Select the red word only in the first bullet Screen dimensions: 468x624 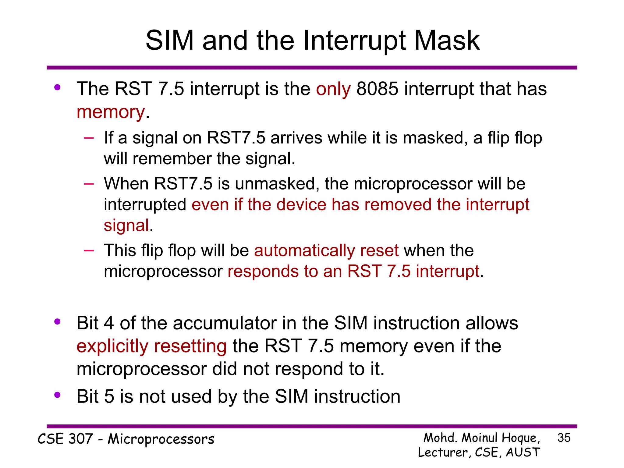(x=333, y=89)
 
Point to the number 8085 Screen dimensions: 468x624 (x=377, y=89)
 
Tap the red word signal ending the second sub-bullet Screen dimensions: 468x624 (x=126, y=225)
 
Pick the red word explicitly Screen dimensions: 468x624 (x=112, y=346)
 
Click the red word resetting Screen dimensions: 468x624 (x=190, y=346)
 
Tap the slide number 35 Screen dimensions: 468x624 (x=564, y=438)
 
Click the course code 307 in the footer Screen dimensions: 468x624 (x=80, y=439)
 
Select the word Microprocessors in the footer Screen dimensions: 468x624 (x=161, y=439)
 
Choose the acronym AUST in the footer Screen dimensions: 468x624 (x=523, y=452)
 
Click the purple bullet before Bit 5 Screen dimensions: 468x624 (x=57, y=395)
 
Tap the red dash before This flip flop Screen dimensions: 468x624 (x=89, y=250)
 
